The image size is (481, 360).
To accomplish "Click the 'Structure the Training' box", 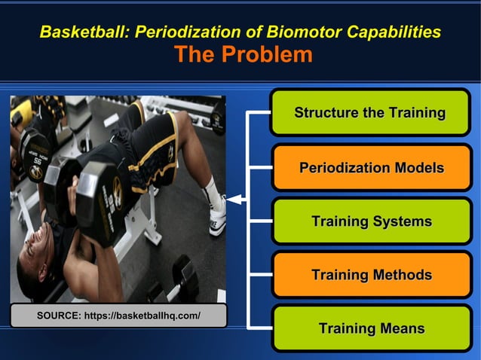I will [x=370, y=113].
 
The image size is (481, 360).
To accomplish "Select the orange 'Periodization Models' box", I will [x=370, y=167].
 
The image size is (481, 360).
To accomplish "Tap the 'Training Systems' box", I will [x=371, y=221].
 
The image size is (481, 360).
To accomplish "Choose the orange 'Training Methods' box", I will [x=371, y=275].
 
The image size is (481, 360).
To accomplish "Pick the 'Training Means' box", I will [x=371, y=328].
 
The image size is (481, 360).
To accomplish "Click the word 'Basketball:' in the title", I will [x=84, y=32].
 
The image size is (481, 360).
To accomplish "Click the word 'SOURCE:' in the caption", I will [x=59, y=316].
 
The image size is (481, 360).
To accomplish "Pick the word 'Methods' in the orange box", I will [x=401, y=275].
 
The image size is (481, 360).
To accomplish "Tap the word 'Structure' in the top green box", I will [x=326, y=113].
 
